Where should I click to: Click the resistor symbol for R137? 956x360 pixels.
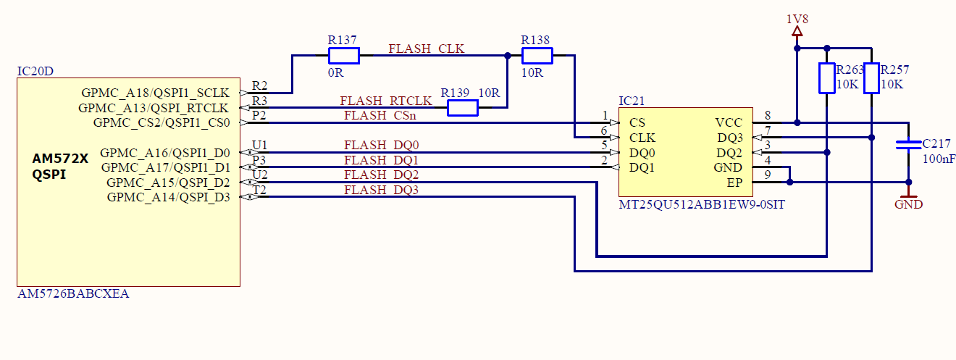344,56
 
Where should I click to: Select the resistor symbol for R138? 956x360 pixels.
537,56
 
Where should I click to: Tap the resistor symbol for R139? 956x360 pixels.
462,108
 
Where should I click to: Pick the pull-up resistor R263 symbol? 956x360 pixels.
827,78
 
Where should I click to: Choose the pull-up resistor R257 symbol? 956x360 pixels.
871,78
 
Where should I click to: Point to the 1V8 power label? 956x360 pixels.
797,19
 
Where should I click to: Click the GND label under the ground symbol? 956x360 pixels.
908,205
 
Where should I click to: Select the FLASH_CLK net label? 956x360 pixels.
427,49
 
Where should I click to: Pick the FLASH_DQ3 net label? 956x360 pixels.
381,191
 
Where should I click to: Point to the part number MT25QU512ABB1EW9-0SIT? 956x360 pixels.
701,205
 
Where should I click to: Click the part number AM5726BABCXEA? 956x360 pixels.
73,294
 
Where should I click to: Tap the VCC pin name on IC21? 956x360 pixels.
728,123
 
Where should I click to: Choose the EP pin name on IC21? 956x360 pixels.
734,183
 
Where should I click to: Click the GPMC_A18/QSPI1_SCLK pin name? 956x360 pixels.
155,93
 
